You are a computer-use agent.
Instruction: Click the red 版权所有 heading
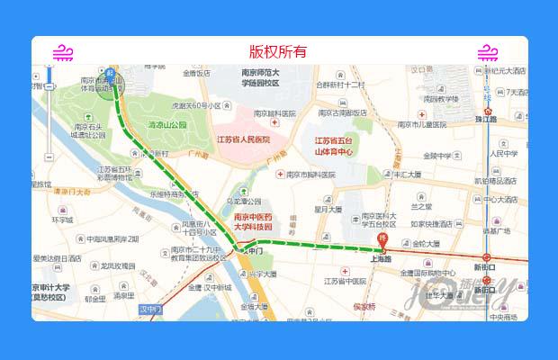click(278, 51)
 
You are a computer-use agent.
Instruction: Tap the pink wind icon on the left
click(62, 52)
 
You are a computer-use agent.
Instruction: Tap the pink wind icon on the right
click(488, 52)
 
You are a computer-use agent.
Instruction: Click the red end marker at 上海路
click(382, 242)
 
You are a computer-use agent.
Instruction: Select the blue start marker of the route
click(111, 74)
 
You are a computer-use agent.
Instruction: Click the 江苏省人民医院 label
click(243, 139)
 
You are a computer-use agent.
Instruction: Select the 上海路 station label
click(381, 257)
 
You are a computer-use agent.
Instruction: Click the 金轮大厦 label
click(427, 243)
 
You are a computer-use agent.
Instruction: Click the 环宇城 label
click(62, 219)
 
